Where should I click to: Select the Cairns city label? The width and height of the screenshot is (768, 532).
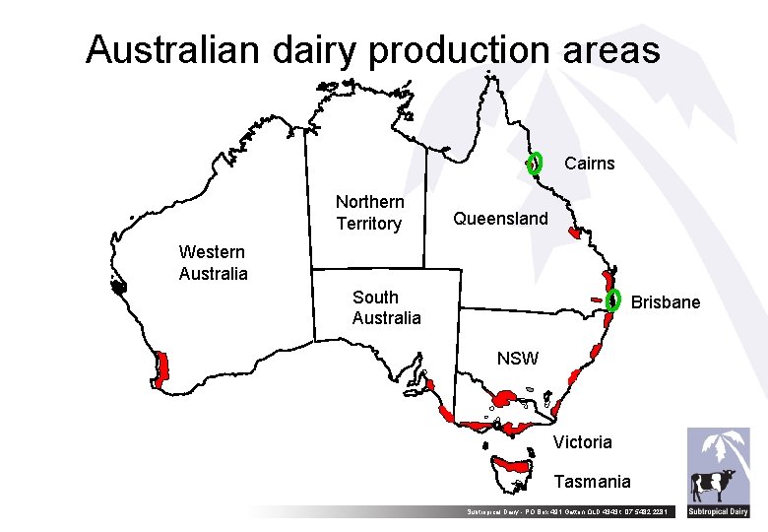point(589,164)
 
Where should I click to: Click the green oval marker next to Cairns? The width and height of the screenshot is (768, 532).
point(535,163)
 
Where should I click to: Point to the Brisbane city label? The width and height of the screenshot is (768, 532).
point(665,302)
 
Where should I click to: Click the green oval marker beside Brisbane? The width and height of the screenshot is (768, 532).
point(614,299)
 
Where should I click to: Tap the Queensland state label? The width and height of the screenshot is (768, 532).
point(500,219)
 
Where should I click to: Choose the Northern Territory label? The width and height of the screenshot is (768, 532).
point(369,213)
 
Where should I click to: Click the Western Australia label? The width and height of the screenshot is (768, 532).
point(213,263)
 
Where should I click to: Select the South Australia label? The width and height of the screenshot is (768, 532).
point(386,307)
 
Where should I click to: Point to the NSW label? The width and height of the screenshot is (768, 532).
point(517,359)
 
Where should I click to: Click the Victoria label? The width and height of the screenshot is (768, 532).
point(582,442)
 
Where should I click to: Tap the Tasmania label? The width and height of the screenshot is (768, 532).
point(592,482)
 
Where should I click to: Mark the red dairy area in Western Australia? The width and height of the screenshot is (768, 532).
point(161,367)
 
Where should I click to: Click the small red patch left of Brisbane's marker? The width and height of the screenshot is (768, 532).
point(596,299)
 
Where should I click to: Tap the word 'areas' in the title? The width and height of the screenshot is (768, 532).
point(611,49)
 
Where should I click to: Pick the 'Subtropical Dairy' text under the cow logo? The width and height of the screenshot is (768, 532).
point(718,511)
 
